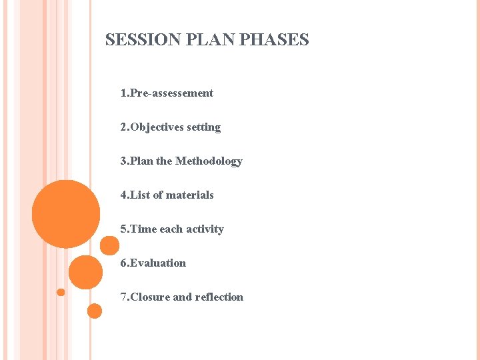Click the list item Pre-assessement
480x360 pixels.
tap(171, 93)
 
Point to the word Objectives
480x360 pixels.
tap(157, 127)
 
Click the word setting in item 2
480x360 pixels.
tap(204, 127)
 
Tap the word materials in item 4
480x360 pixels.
tap(190, 195)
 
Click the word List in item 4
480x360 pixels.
tap(140, 195)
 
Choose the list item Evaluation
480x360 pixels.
tap(158, 263)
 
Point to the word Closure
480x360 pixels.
tap(150, 297)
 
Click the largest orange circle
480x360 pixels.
tap(66, 214)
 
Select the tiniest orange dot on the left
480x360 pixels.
tap(61, 292)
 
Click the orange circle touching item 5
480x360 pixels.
tap(109, 246)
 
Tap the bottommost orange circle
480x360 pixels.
tap(95, 311)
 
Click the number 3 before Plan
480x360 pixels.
tap(123, 161)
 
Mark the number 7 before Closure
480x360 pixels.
tap(123, 297)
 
